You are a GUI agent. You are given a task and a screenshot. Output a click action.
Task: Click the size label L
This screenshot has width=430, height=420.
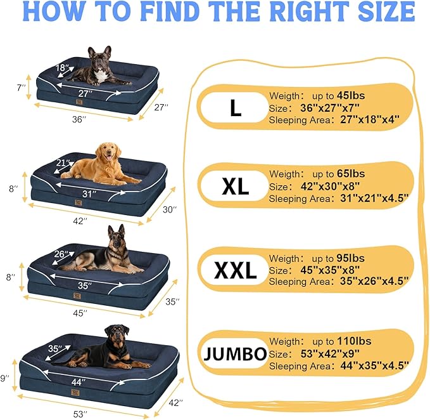click(x=236, y=108)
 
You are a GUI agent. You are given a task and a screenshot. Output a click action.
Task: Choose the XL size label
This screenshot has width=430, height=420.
click(x=235, y=187)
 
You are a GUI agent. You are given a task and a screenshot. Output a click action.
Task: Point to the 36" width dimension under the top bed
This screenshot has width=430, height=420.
click(x=78, y=119)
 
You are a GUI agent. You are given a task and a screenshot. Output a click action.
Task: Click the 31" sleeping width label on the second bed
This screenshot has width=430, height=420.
click(x=89, y=193)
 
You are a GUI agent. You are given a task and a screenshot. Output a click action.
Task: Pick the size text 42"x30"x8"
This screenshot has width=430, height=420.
click(x=328, y=185)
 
